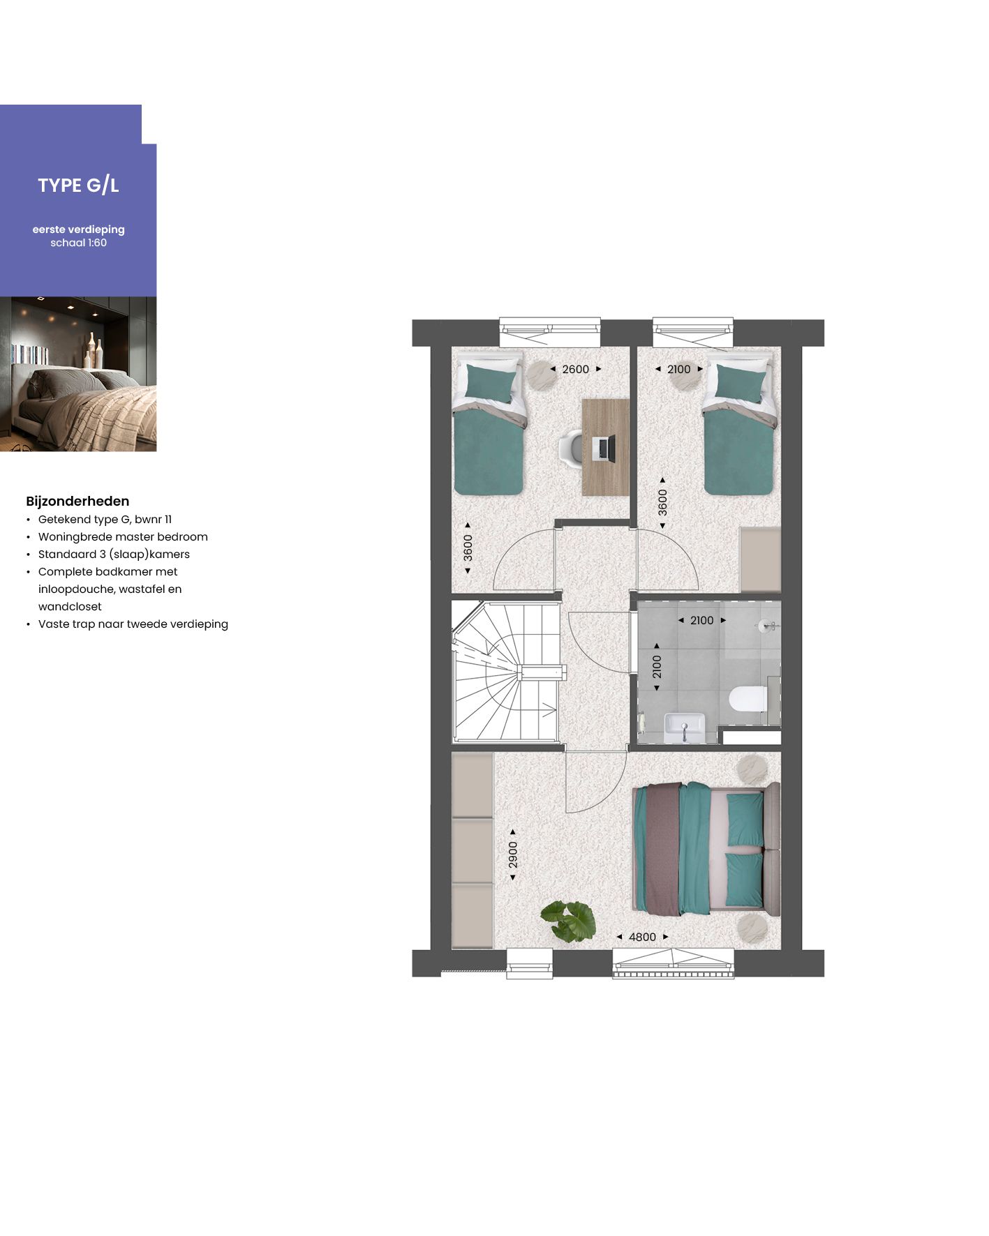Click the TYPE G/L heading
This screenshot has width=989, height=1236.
pyautogui.click(x=78, y=186)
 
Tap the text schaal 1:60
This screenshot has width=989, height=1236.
pyautogui.click(x=78, y=243)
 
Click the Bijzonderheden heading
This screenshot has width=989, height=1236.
pyautogui.click(x=77, y=501)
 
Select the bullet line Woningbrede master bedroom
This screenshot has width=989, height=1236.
pyautogui.click(x=123, y=537)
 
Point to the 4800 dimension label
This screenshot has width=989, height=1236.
pyautogui.click(x=642, y=937)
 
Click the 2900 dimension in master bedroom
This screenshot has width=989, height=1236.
pyautogui.click(x=513, y=854)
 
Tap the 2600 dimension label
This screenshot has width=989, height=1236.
pyautogui.click(x=575, y=369)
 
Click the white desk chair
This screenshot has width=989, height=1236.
pyautogui.click(x=572, y=447)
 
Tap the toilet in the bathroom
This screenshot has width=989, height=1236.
pyautogui.click(x=748, y=700)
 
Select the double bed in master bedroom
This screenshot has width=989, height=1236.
pyautogui.click(x=705, y=848)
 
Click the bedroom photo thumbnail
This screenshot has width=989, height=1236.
pyautogui.click(x=78, y=374)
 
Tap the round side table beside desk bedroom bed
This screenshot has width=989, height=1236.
pyautogui.click(x=538, y=375)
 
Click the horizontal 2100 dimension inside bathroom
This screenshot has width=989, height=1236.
pyautogui.click(x=701, y=620)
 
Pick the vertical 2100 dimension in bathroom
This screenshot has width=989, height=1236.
pyautogui.click(x=657, y=667)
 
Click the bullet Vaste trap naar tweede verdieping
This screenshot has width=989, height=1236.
pyautogui.click(x=133, y=624)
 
